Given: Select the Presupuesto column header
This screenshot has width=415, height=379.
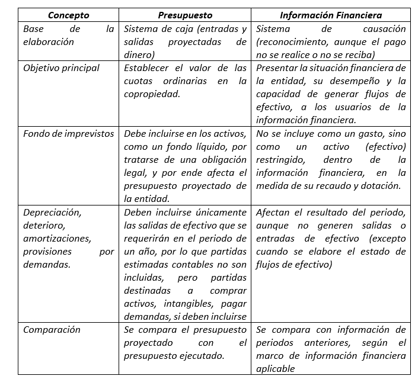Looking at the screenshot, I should [186, 15].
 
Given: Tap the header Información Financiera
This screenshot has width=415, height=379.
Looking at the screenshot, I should [331, 15].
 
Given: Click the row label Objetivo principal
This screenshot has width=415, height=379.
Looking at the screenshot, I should [61, 68].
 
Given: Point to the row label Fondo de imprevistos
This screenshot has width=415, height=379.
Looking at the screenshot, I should [68, 134].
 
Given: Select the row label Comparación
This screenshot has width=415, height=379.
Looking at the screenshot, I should [52, 330].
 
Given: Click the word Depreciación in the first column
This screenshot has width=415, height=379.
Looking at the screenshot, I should [52, 212].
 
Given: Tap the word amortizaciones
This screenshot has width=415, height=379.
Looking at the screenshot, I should [56, 238].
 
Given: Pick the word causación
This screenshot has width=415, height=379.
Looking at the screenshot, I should [382, 29].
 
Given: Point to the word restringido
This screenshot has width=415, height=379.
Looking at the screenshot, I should [280, 160].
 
